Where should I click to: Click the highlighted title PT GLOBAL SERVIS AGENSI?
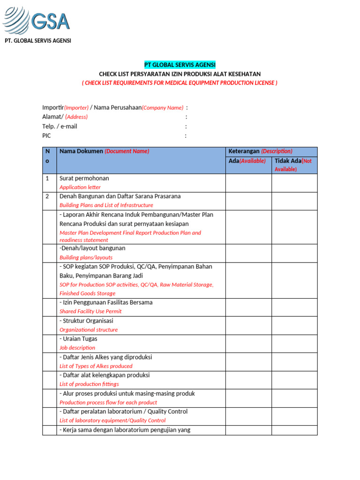tap(180, 65)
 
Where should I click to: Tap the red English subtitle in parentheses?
tap(180, 83)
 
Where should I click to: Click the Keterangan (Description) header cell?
tap(260, 151)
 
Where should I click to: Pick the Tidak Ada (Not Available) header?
tap(294, 165)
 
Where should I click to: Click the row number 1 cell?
tap(47, 179)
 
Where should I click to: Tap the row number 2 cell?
tap(47, 196)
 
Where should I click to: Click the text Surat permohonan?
tap(84, 179)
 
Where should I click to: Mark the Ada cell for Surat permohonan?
tap(248, 183)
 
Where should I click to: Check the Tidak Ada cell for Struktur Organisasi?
tap(294, 325)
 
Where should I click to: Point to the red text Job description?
tap(77, 348)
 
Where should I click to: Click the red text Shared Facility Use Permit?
tap(90, 311)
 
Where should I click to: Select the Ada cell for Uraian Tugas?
tap(248, 344)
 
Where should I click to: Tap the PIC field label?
tap(46, 136)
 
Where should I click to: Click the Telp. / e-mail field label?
tap(60, 127)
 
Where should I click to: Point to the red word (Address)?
tap(76, 117)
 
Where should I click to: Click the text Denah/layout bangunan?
tap(92, 248)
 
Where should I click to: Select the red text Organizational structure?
tap(89, 330)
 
